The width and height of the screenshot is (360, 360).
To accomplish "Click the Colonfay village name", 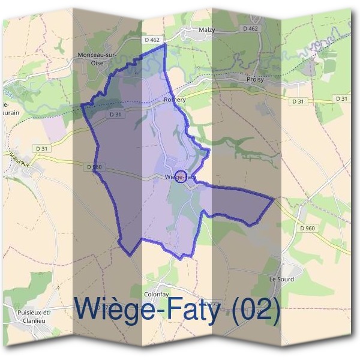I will [155, 294].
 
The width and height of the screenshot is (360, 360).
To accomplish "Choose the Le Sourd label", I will [281, 279].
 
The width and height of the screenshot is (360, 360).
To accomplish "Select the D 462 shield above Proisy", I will [251, 28].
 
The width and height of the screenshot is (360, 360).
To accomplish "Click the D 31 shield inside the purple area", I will [116, 114].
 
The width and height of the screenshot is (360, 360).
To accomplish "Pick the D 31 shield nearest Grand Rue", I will [41, 148].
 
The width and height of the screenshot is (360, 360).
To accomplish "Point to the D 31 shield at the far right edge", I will [341, 98].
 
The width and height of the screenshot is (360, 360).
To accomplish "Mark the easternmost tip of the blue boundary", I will [274, 199].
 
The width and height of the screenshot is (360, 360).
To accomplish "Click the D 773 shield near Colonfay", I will [212, 303].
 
